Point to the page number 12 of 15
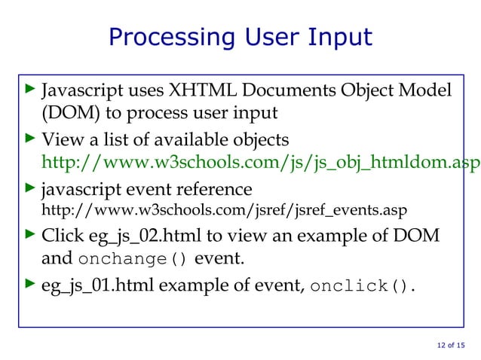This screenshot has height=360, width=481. pos(450,345)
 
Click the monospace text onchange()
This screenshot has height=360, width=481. pos(133,259)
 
